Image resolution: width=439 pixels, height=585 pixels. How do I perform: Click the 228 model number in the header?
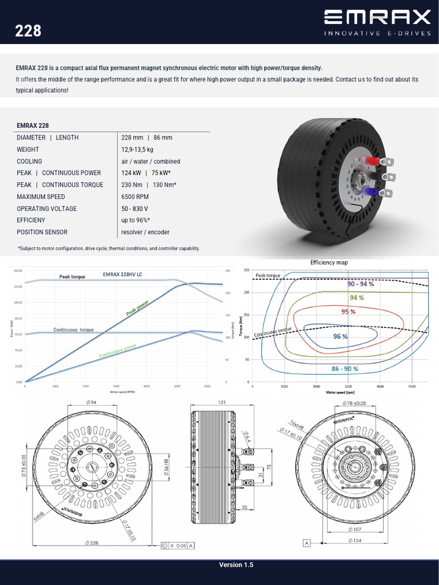pos(28,30)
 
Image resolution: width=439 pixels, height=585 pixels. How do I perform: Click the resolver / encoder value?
pos(145,232)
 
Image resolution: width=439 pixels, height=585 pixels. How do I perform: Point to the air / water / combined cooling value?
pos(150,161)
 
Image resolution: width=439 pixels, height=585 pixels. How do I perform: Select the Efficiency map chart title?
pos(329,262)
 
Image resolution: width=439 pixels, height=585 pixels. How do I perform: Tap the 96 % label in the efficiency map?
pos(340,336)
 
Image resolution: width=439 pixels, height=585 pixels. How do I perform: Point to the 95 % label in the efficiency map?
pos(349,311)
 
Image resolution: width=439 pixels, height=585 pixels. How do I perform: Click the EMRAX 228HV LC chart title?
pos(122,274)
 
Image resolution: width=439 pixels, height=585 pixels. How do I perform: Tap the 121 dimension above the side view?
pos(222,402)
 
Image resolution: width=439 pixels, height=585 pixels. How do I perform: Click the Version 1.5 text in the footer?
pos(236,565)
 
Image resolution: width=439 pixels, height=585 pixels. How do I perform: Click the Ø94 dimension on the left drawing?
pos(91,402)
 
